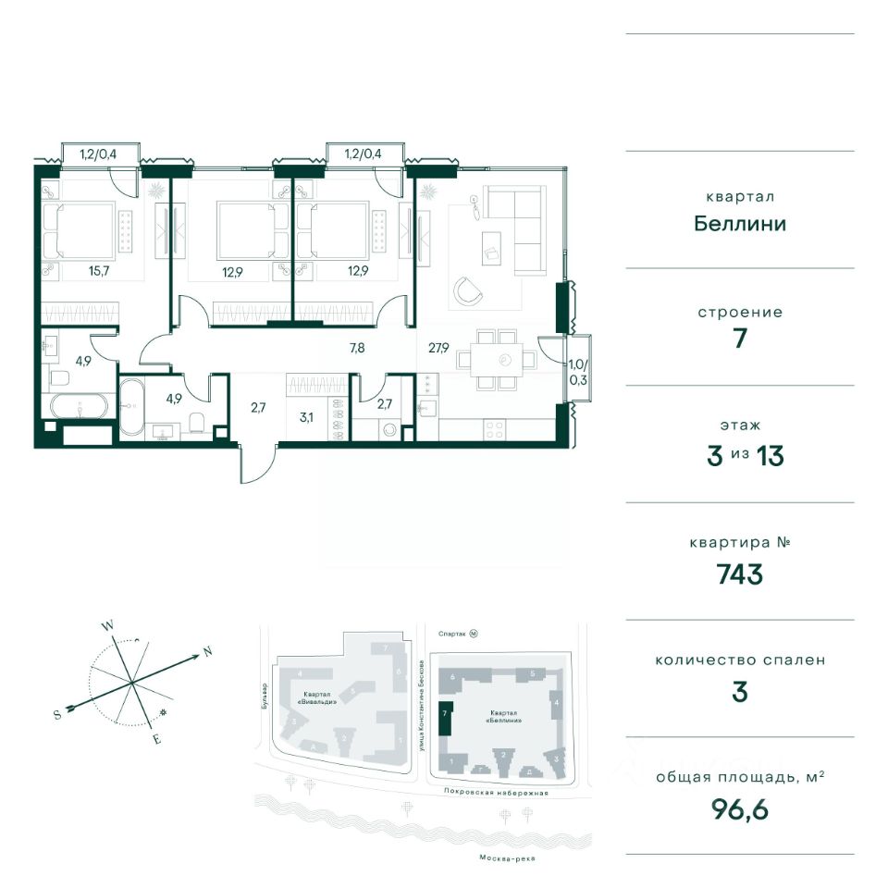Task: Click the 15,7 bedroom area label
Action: [x=99, y=271]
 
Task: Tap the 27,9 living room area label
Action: [x=438, y=348]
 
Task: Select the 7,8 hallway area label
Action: [x=357, y=348]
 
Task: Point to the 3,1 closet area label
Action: [x=306, y=418]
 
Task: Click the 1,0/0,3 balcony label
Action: [x=578, y=372]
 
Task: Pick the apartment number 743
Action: [x=740, y=574]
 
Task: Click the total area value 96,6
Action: [x=740, y=809]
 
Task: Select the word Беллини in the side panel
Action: [x=740, y=224]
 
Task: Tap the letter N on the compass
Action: [x=208, y=651]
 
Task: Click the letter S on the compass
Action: [x=57, y=715]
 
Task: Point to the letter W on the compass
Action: [x=107, y=626]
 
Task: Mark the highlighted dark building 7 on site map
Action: [x=445, y=718]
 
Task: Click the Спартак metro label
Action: [x=452, y=634]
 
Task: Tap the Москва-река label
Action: [x=508, y=858]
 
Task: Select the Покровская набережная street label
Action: [x=496, y=793]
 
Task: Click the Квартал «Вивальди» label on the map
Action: [x=320, y=697]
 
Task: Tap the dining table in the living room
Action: [x=497, y=360]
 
